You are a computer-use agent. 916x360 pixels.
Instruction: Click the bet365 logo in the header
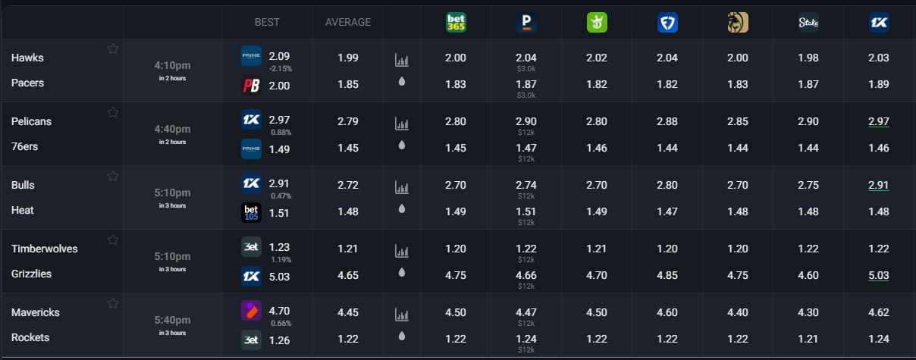point(456,23)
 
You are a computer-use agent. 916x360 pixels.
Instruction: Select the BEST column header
point(267,22)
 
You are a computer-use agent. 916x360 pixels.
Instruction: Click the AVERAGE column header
point(348,22)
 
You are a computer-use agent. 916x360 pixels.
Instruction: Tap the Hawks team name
point(28,58)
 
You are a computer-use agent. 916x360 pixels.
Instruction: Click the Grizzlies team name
point(32,274)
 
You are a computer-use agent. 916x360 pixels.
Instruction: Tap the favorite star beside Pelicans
point(113,113)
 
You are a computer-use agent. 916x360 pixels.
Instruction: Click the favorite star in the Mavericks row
point(113,304)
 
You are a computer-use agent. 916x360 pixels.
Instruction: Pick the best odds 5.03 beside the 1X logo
point(279,276)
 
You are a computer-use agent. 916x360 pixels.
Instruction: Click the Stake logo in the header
point(808,23)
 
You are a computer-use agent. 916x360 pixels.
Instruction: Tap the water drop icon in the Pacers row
point(402,81)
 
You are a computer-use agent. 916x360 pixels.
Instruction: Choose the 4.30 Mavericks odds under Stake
point(808,311)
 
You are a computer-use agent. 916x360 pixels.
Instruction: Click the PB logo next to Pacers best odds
point(251,86)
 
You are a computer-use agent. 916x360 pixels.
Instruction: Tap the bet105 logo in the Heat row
point(251,213)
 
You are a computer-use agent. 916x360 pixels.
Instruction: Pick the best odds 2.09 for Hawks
point(279,56)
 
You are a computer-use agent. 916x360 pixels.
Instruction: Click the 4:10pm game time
point(172,66)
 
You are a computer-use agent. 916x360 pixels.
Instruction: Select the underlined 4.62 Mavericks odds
point(879,311)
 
